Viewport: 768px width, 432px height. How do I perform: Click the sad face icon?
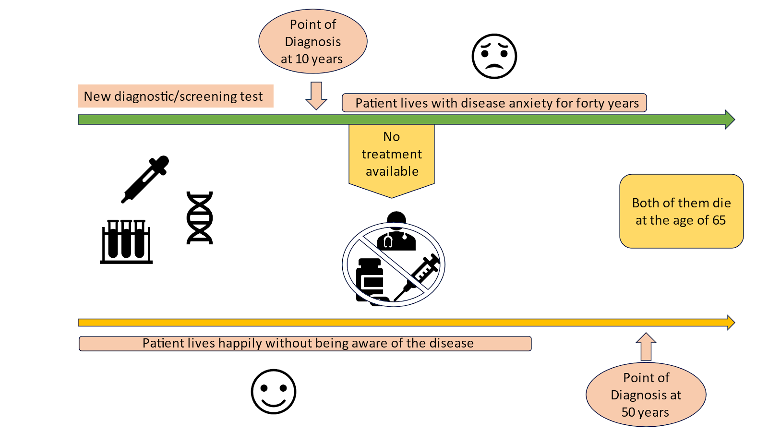[x=494, y=56]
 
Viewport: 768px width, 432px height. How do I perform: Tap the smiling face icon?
[x=274, y=391]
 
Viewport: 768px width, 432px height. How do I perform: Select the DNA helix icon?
[x=200, y=218]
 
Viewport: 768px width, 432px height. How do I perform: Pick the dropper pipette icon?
[x=145, y=179]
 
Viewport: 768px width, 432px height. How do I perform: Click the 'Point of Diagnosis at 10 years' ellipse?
[x=313, y=42]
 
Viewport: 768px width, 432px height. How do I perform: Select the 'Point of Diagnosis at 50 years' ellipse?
[x=646, y=395]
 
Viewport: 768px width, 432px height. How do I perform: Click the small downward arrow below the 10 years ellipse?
[x=316, y=96]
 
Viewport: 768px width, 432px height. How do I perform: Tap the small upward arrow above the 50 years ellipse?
[x=646, y=347]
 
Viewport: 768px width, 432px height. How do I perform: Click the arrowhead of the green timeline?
[x=730, y=120]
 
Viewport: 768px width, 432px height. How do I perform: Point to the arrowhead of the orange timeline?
[x=731, y=323]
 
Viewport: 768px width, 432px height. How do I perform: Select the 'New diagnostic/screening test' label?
[x=175, y=96]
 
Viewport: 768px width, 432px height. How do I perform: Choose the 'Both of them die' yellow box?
[x=681, y=211]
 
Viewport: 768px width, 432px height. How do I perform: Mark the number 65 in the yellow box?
[x=719, y=220]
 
